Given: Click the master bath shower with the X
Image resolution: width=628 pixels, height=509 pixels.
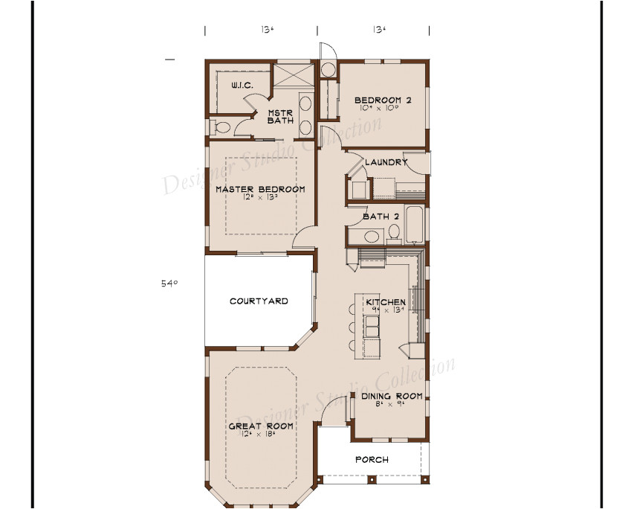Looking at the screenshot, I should pos(291,76).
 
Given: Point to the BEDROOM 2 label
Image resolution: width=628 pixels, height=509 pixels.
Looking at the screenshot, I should pos(383,100).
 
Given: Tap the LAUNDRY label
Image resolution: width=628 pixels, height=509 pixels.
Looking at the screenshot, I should pos(386,162).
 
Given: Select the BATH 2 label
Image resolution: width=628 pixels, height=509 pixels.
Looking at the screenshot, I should pos(381,217).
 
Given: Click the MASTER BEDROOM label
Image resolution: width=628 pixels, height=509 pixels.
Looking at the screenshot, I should pos(260,190).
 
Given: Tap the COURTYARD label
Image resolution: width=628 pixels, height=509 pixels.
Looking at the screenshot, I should pos(259,301).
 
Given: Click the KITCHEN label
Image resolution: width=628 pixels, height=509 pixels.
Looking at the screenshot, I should pos(385,303).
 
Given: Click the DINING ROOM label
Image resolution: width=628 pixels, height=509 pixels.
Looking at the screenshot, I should pos(392,396).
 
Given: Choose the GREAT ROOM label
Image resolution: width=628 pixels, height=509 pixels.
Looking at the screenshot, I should pos(260,426).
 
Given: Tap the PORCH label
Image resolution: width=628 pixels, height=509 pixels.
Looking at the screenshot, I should pos(372,460).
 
